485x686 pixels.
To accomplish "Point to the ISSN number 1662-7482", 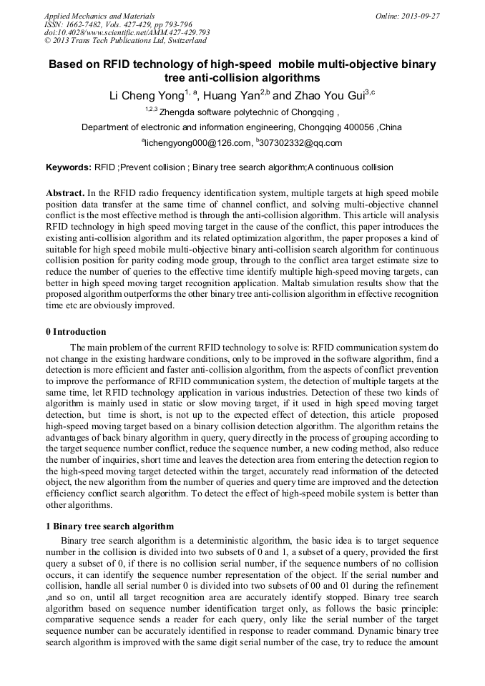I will pos(86,24).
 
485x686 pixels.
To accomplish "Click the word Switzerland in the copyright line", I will pos(182,41).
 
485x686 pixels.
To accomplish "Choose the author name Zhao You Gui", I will pos(329,94).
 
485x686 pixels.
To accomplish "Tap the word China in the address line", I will pos(391,127).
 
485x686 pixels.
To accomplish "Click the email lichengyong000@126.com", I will pos(197,143).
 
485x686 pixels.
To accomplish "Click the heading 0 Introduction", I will pos(76,332).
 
